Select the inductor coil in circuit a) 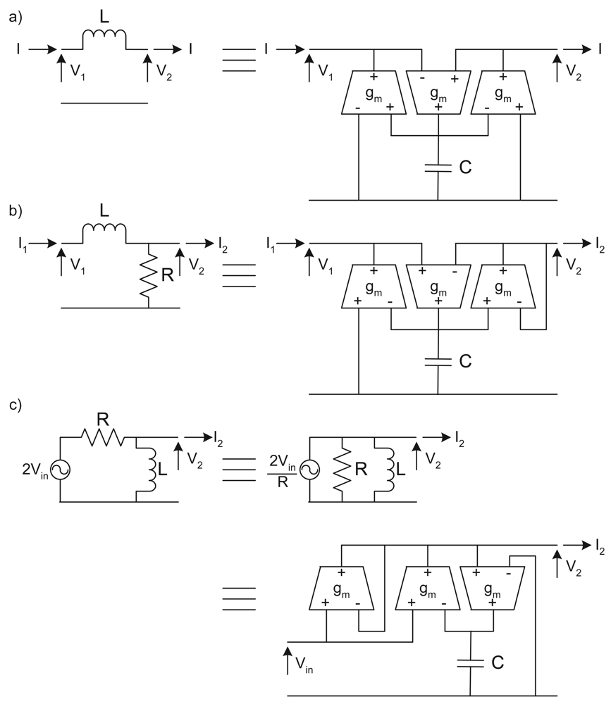pyautogui.click(x=104, y=40)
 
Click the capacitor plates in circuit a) pyautogui.click(x=438, y=168)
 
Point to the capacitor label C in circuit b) pyautogui.click(x=464, y=362)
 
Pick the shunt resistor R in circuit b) pyautogui.click(x=149, y=275)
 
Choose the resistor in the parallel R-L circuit pyautogui.click(x=342, y=470)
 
